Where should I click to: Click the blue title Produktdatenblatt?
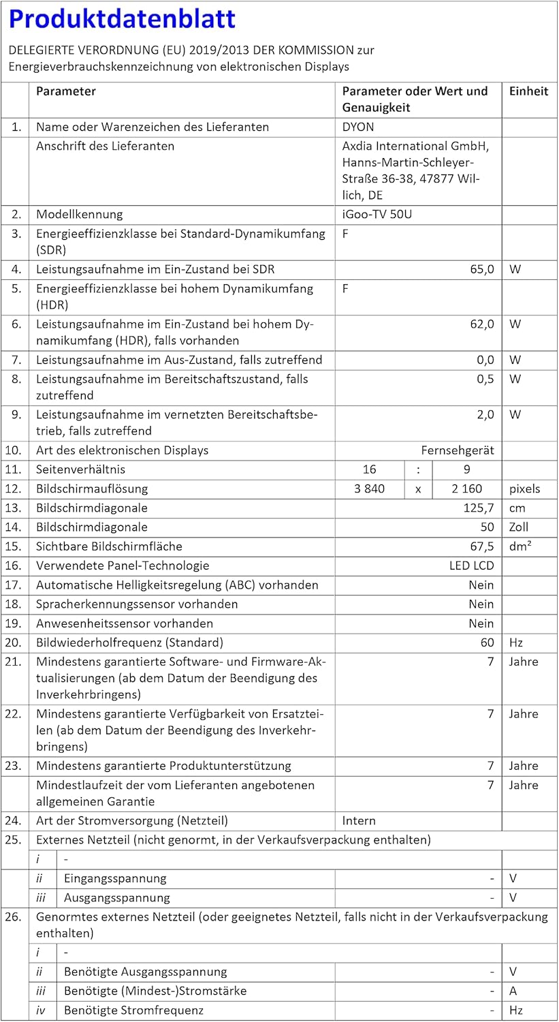123,19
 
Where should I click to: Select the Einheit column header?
528,91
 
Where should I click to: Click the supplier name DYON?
358,127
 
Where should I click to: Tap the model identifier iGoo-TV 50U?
377,215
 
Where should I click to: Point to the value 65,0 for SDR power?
481,269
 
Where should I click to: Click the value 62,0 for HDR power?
481,324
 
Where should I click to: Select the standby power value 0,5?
485,379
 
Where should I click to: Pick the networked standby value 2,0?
485,414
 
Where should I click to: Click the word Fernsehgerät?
458,450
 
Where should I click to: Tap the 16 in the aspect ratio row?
370,469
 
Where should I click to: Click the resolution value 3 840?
370,489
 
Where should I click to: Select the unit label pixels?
524,489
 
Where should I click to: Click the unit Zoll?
519,527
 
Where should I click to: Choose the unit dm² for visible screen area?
521,546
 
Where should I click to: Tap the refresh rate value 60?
487,642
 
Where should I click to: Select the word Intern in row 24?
359,821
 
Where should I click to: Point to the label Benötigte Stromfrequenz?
133,1010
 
